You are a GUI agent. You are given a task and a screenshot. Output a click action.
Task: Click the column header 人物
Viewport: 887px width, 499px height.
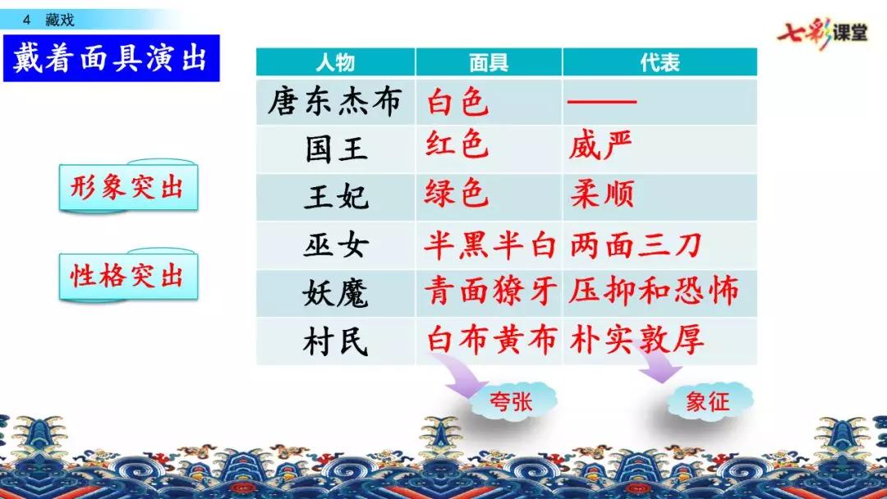pyautogui.click(x=335, y=62)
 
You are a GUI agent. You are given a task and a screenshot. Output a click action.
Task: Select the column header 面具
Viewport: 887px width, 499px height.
pyautogui.click(x=489, y=62)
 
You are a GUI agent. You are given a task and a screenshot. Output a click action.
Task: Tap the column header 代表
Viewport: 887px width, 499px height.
pyautogui.click(x=660, y=62)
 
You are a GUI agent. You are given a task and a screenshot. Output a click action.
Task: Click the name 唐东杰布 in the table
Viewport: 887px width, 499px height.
pyautogui.click(x=335, y=102)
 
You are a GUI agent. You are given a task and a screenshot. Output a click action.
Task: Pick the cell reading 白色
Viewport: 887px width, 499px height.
pyautogui.click(x=457, y=102)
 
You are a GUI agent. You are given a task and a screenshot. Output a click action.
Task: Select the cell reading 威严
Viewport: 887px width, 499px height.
pyautogui.click(x=600, y=148)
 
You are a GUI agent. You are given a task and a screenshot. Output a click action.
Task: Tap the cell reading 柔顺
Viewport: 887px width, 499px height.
pyautogui.click(x=600, y=195)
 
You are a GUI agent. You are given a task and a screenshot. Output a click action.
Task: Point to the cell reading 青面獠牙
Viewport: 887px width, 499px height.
pyautogui.click(x=491, y=291)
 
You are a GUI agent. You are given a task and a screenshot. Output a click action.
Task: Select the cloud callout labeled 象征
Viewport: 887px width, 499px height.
pyautogui.click(x=708, y=401)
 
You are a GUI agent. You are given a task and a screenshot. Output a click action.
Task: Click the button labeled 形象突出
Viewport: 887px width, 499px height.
pyautogui.click(x=126, y=189)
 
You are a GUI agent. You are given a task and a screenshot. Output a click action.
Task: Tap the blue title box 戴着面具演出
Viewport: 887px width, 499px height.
pyautogui.click(x=111, y=57)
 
